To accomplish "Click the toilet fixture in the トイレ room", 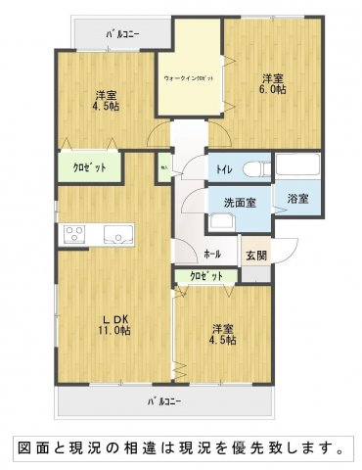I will coord(256,167).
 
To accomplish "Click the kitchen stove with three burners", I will coord(74,233).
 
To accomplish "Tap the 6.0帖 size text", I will coord(273,90).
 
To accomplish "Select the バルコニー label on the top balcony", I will coord(122,34).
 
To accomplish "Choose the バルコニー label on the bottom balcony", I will coord(163,401).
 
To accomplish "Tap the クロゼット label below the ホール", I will coord(205,276).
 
